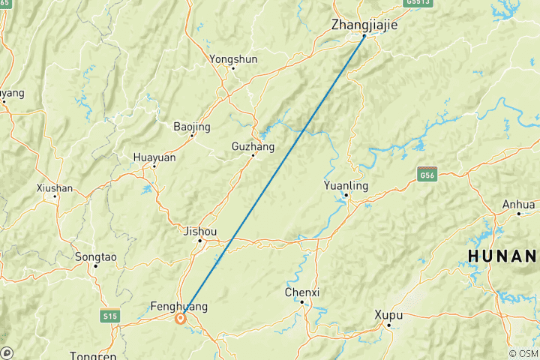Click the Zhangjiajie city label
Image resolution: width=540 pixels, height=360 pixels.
(364, 25)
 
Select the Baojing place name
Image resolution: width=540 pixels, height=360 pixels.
(192, 126)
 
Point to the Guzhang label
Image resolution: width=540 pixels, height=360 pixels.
(253, 146)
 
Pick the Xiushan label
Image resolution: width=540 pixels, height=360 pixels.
(54, 187)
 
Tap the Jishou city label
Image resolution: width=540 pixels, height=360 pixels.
(200, 232)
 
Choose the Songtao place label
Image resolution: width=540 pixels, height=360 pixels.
(96, 256)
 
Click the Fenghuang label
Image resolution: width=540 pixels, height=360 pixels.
(178, 306)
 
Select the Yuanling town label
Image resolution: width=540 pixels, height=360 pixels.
(346, 185)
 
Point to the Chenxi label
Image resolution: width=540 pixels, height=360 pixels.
(301, 292)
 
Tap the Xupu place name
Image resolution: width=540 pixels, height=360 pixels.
(389, 314)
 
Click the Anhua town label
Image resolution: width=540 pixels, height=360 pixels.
(519, 204)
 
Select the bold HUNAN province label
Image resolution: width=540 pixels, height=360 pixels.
(502, 256)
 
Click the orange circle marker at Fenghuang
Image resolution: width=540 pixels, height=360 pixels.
(181, 318)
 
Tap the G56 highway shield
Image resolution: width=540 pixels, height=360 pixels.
(427, 174)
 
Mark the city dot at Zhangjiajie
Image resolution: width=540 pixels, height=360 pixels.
(364, 36)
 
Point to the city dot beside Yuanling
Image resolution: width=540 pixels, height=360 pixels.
(346, 196)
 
